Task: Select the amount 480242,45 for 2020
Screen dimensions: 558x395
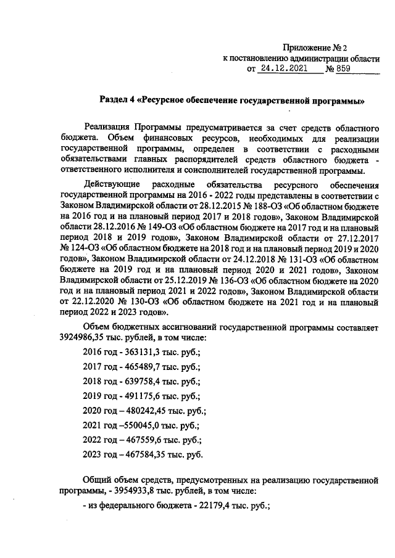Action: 141,411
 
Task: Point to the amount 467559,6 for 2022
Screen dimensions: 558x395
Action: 139,440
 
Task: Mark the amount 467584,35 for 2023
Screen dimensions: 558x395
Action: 141,455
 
